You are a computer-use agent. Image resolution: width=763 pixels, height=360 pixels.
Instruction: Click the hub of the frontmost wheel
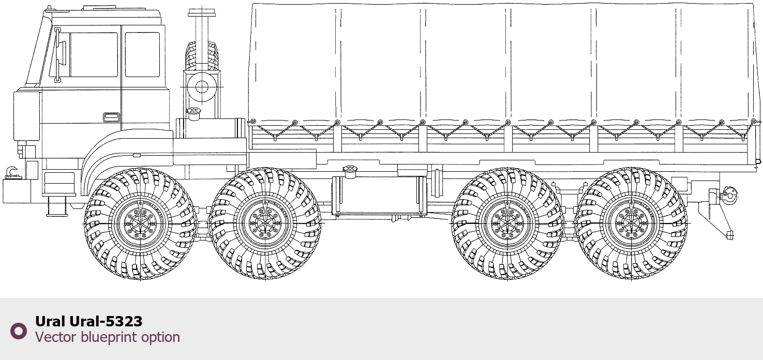point(140,223)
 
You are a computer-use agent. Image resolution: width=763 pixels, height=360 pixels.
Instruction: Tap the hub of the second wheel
point(265,223)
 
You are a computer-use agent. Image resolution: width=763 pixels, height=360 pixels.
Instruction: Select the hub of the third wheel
point(507,223)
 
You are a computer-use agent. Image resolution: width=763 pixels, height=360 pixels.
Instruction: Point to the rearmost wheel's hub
point(631,223)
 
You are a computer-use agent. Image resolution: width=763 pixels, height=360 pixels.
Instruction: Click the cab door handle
point(111,117)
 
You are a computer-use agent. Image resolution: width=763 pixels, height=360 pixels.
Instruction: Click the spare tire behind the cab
point(202,56)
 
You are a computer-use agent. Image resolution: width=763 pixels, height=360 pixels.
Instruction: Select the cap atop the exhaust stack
point(202,13)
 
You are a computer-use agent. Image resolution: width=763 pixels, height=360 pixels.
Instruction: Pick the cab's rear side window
point(142,54)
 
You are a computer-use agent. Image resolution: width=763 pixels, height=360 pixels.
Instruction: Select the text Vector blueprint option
point(107,337)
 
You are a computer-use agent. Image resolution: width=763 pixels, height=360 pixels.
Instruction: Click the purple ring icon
point(19,331)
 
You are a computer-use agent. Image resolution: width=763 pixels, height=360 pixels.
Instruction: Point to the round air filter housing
point(202,87)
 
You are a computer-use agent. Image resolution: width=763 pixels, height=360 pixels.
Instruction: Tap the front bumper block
point(17,191)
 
